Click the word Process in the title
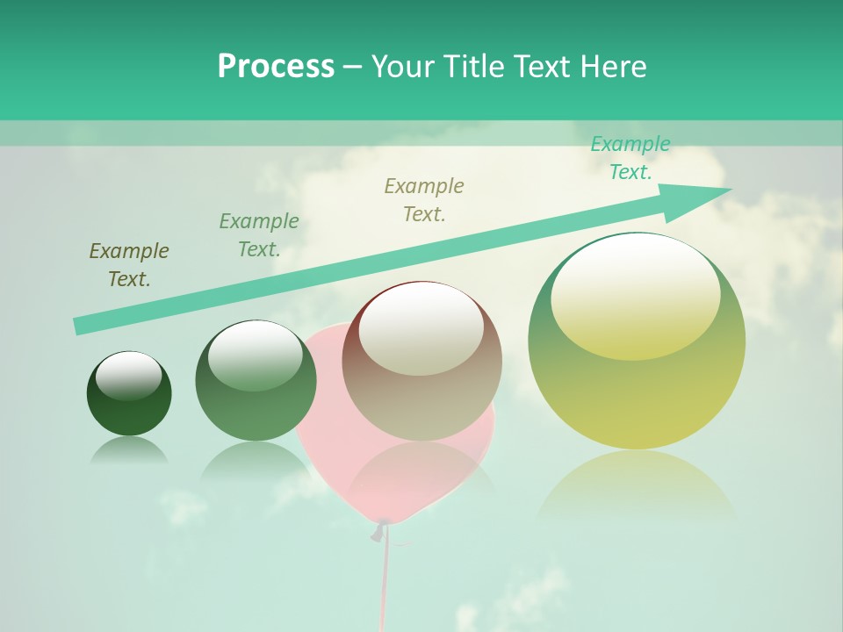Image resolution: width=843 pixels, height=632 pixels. click(x=276, y=67)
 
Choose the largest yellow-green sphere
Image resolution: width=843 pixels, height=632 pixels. click(x=637, y=386)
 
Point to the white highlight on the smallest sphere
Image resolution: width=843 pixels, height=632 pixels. click(x=129, y=376)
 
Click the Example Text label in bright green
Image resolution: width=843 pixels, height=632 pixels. click(x=630, y=158)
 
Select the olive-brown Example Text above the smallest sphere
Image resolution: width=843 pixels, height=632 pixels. click(x=129, y=265)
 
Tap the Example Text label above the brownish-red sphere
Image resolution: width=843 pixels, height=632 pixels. click(x=424, y=199)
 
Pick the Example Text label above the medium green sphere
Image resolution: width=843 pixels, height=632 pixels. click(x=259, y=234)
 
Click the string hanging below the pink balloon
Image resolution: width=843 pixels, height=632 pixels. click(x=384, y=579)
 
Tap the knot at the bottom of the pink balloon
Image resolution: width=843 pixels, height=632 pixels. click(x=378, y=530)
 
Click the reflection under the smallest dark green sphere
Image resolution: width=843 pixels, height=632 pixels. click(x=129, y=449)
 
